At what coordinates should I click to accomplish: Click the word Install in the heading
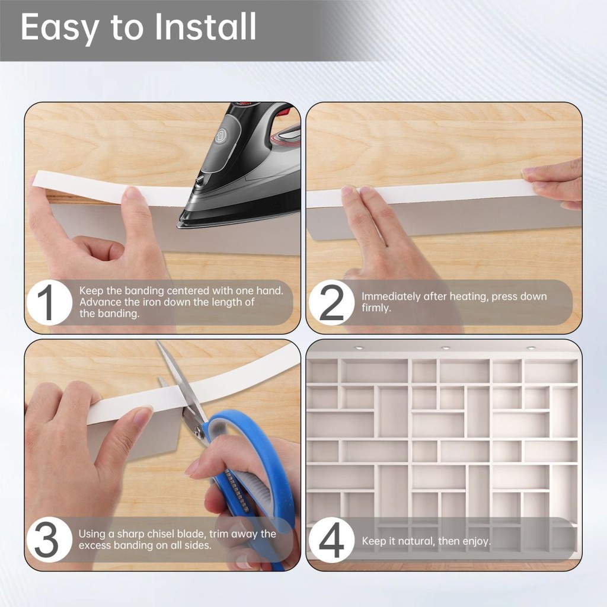[205, 27]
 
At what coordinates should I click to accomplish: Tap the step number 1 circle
[49, 302]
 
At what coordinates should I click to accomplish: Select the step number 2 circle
[331, 302]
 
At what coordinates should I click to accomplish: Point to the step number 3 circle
[49, 539]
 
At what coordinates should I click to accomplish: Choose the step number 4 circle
[331, 539]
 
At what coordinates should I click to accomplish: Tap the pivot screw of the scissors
[199, 430]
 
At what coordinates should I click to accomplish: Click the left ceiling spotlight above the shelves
[359, 347]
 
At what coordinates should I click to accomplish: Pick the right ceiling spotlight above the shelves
[531, 348]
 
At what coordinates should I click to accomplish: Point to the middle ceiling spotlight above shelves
[446, 348]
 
